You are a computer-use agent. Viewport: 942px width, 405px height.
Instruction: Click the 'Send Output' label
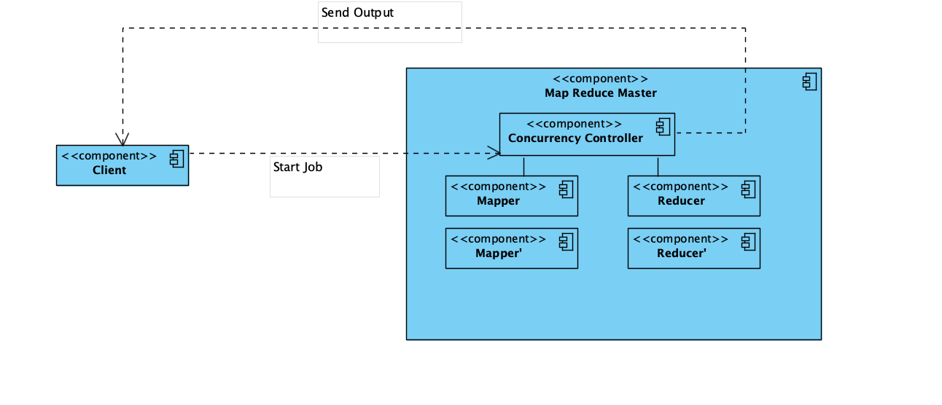coord(357,13)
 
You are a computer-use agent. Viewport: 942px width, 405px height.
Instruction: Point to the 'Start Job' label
coord(297,167)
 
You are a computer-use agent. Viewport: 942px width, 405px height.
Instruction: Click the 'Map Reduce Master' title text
coord(600,93)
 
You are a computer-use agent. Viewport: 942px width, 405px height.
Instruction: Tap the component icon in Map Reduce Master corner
coord(809,82)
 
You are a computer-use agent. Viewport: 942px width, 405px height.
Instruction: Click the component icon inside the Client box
coord(177,158)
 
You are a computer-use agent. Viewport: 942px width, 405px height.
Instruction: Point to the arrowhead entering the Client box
coord(122,139)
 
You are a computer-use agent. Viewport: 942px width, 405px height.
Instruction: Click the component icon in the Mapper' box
coord(566,242)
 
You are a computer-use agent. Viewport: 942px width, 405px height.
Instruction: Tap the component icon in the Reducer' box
coord(748,242)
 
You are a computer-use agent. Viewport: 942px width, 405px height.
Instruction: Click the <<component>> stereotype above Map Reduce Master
coord(600,79)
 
